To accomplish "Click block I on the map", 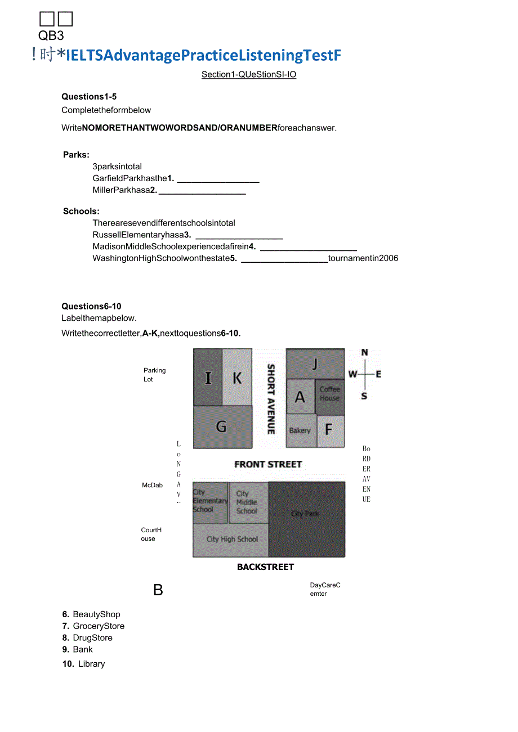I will pyautogui.click(x=208, y=377).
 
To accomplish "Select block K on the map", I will pyautogui.click(x=237, y=377).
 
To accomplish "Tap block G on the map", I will pyautogui.click(x=222, y=427).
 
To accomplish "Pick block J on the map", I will pyautogui.click(x=315, y=363).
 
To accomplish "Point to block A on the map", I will pyautogui.click(x=300, y=397).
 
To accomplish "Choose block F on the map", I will pyautogui.click(x=330, y=431).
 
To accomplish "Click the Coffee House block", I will pyautogui.click(x=330, y=394).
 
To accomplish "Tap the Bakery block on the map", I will pyautogui.click(x=301, y=430).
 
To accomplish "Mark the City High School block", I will pyautogui.click(x=231, y=540).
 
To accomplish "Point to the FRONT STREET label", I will pyautogui.click(x=268, y=464).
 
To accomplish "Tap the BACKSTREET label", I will pyautogui.click(x=265, y=567).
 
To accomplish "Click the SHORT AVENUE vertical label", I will pyautogui.click(x=271, y=399).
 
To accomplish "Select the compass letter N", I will pyautogui.click(x=364, y=353).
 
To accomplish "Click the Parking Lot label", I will pyautogui.click(x=154, y=375).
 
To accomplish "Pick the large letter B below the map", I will pyautogui.click(x=158, y=590).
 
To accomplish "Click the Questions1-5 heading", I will pyautogui.click(x=89, y=97).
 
